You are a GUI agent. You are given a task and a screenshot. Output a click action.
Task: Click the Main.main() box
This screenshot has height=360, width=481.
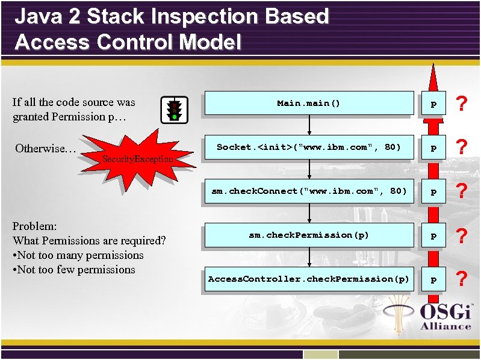(309, 103)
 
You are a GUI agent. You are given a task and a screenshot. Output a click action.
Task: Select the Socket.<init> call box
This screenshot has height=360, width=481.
(309, 147)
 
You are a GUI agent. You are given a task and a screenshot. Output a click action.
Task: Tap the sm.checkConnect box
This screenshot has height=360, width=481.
(309, 191)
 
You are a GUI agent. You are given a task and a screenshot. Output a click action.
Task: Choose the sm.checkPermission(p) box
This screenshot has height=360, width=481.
(309, 235)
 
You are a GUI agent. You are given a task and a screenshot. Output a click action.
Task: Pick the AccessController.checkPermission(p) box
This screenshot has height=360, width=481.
(309, 279)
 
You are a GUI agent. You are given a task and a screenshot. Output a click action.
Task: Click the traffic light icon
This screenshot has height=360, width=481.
(173, 110)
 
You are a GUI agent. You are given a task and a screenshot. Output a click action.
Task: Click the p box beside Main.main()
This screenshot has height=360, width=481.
(433, 104)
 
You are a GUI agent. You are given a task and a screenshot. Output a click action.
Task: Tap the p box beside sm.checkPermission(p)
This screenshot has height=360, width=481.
(433, 235)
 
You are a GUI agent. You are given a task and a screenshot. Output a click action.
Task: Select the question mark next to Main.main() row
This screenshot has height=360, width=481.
(461, 104)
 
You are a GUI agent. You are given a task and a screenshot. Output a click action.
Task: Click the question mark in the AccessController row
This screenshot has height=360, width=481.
(461, 279)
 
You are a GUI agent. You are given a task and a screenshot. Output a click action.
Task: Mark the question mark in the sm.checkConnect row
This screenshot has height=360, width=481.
(461, 192)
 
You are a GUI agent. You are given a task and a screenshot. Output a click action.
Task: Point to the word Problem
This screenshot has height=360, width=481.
(34, 226)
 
